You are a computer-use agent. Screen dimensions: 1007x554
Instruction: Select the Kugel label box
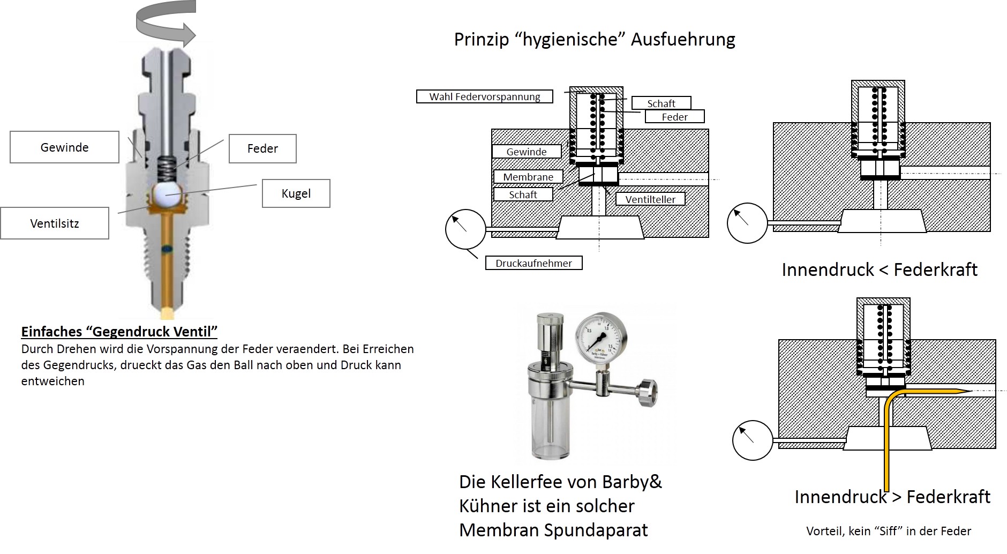296,193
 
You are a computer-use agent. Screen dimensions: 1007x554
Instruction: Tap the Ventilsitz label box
55,223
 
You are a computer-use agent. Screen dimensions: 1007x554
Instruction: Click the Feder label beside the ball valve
262,148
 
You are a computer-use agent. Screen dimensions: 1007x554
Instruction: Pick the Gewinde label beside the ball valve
64,147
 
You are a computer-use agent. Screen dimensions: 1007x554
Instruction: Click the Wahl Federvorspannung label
485,96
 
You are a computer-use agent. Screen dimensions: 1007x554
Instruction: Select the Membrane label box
528,177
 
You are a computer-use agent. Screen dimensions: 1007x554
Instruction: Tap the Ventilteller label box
650,199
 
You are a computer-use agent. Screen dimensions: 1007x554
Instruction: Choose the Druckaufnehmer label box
533,263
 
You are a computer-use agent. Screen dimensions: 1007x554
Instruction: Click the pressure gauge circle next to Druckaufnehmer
465,229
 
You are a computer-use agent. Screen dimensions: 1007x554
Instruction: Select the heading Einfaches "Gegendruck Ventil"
119,332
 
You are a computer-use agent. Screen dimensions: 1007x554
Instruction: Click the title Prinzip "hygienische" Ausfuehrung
595,39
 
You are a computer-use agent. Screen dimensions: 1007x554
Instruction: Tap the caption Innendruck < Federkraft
880,269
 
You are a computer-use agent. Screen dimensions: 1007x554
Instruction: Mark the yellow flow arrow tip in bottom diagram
970,390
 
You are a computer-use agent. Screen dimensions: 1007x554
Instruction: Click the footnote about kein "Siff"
889,531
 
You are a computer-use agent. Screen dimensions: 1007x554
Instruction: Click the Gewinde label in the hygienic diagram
527,152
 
